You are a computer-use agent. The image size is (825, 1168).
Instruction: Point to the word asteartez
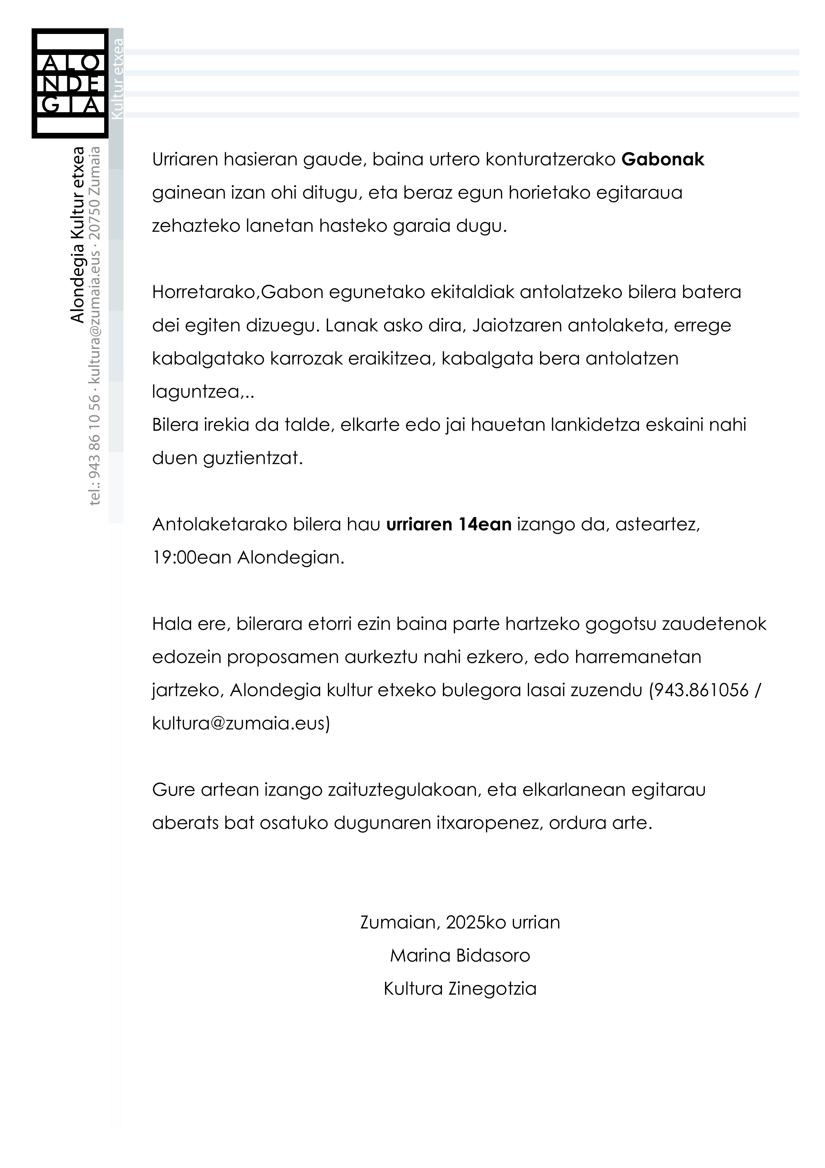click(657, 524)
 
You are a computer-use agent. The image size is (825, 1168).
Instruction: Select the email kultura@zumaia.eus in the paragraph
click(239, 724)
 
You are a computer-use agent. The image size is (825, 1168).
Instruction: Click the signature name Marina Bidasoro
click(460, 955)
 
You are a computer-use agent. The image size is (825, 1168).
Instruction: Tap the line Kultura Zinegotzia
click(460, 989)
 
